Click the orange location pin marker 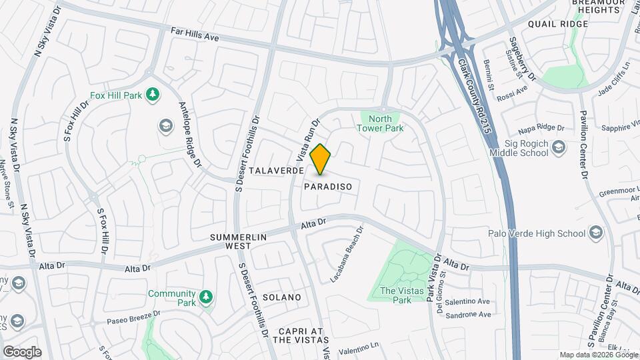321,159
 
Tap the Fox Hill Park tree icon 153,95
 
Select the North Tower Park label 380,123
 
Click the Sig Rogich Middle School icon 559,147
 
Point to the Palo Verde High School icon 595,233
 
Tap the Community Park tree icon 207,295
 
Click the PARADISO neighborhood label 327,187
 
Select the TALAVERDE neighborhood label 277,171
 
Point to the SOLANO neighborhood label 281,297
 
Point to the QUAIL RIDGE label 557,24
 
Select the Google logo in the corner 22,351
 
